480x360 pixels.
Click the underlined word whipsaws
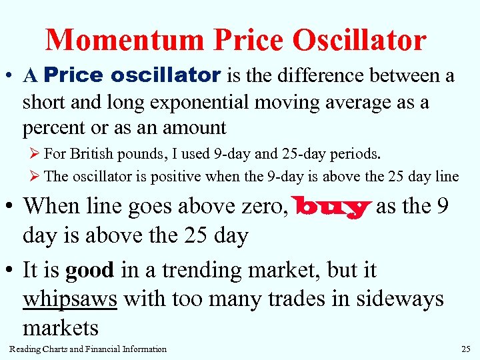[x=70, y=299]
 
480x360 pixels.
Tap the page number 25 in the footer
[x=465, y=349]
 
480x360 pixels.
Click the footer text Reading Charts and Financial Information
[x=88, y=349]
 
